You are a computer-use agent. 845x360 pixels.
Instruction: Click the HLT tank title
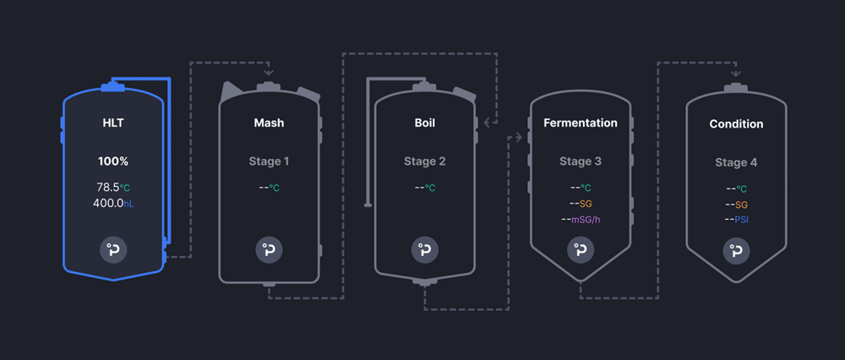point(113,123)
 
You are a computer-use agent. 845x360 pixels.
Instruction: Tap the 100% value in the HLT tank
point(113,161)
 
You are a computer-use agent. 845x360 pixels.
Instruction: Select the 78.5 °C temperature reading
point(113,187)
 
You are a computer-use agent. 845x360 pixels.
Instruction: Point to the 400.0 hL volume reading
point(113,203)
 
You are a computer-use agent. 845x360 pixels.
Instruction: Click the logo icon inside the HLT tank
point(113,250)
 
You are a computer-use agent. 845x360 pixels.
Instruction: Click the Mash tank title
point(269,123)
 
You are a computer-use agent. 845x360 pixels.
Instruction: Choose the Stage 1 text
point(269,161)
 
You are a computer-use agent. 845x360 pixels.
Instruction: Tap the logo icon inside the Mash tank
point(269,250)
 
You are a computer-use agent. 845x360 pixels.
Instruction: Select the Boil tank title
point(425,123)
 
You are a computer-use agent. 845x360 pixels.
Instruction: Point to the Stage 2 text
point(425,161)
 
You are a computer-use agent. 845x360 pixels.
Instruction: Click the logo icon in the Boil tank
point(425,250)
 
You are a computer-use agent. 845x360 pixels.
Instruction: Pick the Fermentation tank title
point(581,123)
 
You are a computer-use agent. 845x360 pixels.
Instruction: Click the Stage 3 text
point(581,161)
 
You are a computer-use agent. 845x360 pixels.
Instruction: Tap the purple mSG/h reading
point(581,220)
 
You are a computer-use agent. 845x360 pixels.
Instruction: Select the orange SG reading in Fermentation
point(581,204)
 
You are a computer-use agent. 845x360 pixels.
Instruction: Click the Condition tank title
point(736,124)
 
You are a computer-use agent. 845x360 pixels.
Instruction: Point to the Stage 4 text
point(736,162)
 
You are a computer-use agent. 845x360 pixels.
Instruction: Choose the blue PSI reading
point(736,220)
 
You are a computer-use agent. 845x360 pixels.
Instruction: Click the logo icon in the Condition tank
point(736,251)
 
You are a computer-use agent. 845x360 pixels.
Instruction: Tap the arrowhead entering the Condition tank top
point(736,74)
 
